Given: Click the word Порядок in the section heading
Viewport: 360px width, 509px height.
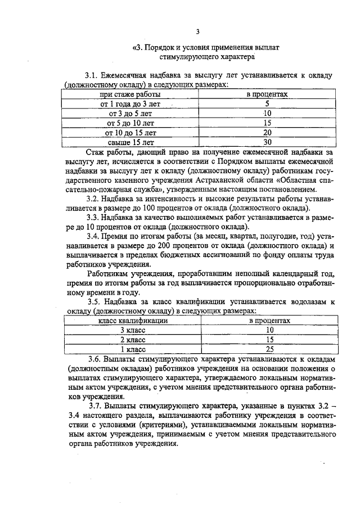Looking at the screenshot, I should [159, 48].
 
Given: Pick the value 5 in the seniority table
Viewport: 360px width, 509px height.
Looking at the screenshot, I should [267, 104].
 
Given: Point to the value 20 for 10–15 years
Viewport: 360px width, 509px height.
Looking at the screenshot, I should [267, 132].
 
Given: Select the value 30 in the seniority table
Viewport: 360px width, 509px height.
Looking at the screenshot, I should [267, 142].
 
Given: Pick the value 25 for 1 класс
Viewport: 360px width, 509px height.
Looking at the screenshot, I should [269, 349].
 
